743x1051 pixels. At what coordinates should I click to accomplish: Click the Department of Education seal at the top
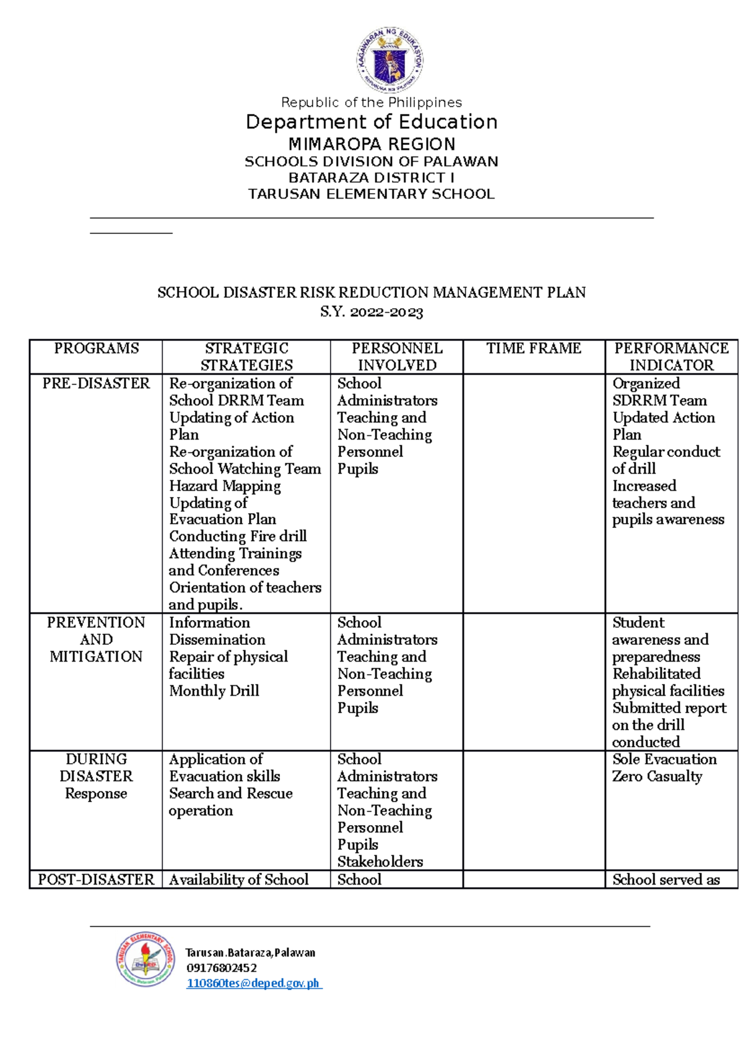(389, 60)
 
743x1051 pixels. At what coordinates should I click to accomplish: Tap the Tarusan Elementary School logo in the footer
(146, 959)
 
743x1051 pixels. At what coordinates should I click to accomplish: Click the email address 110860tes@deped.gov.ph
(253, 983)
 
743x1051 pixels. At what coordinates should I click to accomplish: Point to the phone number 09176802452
(221, 967)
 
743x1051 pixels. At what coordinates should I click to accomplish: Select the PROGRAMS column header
(96, 348)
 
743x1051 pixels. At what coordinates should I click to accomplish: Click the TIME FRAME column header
(534, 348)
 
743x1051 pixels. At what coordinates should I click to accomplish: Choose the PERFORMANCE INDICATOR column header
(671, 357)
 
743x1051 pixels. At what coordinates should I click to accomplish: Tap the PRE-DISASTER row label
(96, 384)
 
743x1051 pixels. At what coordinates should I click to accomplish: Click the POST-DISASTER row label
(96, 880)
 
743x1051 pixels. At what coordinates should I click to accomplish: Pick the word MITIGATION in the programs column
(96, 657)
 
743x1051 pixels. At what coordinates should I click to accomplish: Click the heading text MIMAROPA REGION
(371, 144)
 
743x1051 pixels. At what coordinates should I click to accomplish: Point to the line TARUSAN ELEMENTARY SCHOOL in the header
(371, 194)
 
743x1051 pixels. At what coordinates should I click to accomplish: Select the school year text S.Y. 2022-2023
(371, 312)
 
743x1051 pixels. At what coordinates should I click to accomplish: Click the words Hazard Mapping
(225, 486)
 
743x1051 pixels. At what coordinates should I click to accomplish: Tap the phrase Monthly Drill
(214, 691)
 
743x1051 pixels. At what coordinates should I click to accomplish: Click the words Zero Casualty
(657, 776)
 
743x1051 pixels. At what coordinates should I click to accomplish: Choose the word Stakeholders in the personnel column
(380, 862)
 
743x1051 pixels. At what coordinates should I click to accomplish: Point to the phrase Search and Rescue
(231, 794)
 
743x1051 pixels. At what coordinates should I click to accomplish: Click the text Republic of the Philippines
(371, 102)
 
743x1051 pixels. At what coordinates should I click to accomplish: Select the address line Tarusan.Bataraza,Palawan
(250, 953)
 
